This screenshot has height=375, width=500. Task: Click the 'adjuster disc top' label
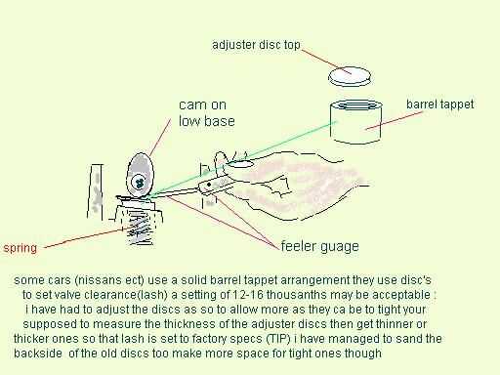click(256, 45)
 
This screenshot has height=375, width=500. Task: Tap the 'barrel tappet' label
click(439, 104)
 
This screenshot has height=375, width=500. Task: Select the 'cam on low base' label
click(207, 113)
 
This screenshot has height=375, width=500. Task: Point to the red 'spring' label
click(20, 248)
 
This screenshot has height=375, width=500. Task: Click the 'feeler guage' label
click(319, 246)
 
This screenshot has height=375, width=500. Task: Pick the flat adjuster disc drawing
click(350, 76)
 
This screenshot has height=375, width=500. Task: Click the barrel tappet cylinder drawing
click(355, 122)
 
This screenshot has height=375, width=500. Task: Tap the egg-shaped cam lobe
click(140, 175)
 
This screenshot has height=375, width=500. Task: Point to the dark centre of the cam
click(140, 184)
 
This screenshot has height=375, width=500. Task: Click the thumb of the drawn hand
click(220, 162)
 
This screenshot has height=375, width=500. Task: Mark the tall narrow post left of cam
click(96, 191)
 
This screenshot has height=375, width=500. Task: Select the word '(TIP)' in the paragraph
click(278, 339)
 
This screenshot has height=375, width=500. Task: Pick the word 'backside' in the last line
click(38, 354)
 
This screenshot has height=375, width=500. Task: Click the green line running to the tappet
click(242, 159)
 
